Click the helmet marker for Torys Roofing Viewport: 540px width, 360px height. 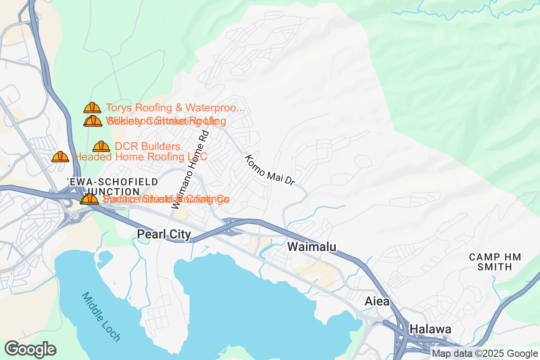92,108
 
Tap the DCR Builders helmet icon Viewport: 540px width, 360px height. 101,147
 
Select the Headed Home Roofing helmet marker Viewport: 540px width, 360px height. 60,157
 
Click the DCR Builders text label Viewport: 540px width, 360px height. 148,147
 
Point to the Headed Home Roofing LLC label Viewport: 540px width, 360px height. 140,157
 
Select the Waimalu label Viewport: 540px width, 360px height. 311,247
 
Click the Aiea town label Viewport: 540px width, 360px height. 377,301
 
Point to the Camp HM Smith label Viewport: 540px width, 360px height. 495,262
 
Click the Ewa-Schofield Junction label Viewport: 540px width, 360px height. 112,186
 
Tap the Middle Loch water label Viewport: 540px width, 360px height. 101,316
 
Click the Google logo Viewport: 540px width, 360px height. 31,349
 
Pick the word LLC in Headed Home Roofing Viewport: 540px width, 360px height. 197,157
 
